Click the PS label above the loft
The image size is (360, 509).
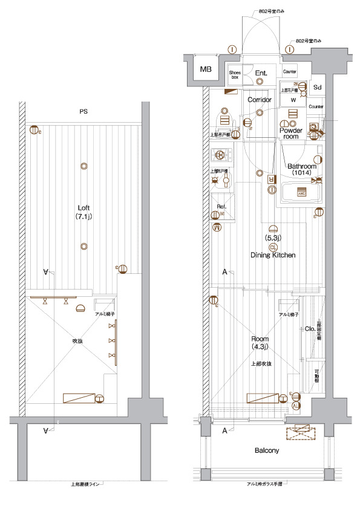pyautogui.click(x=82, y=112)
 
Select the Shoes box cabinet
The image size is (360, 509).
pyautogui.click(x=234, y=74)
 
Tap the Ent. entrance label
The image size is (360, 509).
pyautogui.click(x=261, y=73)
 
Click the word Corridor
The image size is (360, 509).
pyautogui.click(x=260, y=100)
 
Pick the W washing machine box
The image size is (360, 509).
pyautogui.click(x=293, y=100)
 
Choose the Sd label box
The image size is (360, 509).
pyautogui.click(x=317, y=87)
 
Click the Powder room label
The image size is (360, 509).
pyautogui.click(x=291, y=133)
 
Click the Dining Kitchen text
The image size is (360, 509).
pyautogui.click(x=273, y=255)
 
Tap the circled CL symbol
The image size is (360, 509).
pyautogui.click(x=273, y=247)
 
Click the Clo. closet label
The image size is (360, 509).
pyautogui.click(x=308, y=329)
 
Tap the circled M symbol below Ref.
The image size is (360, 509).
pyautogui.click(x=217, y=227)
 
